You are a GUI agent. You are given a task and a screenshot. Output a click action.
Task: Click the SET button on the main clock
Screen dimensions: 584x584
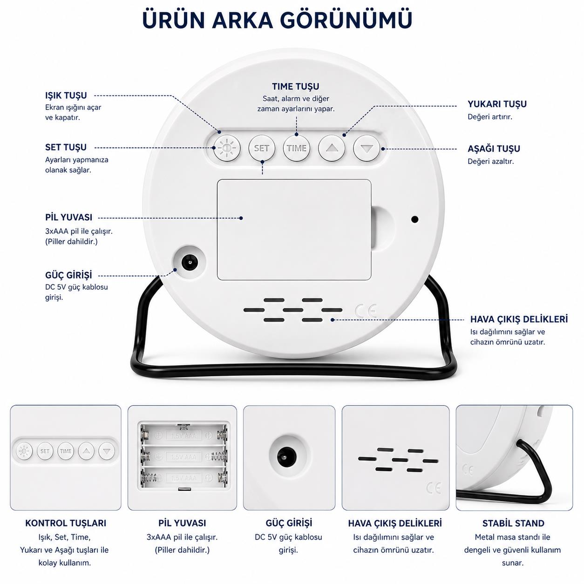pyautogui.click(x=262, y=148)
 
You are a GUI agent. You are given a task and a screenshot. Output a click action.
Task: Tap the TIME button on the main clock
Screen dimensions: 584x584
pyautogui.click(x=296, y=148)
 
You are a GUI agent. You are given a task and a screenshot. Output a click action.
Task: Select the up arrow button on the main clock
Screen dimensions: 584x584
pyautogui.click(x=332, y=148)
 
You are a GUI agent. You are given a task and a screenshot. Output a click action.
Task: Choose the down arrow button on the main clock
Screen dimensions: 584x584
pyautogui.click(x=367, y=148)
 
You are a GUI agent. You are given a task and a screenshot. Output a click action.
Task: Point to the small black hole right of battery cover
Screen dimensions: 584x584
pyautogui.click(x=415, y=219)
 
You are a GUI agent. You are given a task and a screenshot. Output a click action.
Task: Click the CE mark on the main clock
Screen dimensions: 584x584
pyautogui.click(x=366, y=311)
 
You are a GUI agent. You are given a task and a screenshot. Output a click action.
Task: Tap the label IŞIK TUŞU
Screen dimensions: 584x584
pyautogui.click(x=66, y=95)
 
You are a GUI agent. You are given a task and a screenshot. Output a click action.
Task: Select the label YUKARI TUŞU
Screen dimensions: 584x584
pyautogui.click(x=497, y=104)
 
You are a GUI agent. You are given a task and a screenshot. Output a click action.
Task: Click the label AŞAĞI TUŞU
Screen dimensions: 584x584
pyautogui.click(x=494, y=149)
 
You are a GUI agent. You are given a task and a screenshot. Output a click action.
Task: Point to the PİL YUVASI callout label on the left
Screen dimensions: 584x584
pyautogui.click(x=69, y=217)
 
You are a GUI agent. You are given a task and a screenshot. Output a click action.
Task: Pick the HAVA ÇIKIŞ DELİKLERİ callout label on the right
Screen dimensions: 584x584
pyautogui.click(x=519, y=319)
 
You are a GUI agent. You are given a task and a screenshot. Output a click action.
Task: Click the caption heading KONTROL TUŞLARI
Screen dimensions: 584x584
pyautogui.click(x=66, y=523)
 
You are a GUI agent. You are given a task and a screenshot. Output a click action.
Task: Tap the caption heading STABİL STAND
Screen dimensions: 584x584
pyautogui.click(x=513, y=523)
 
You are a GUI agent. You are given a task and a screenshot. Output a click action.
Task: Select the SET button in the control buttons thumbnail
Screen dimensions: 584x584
pyautogui.click(x=45, y=451)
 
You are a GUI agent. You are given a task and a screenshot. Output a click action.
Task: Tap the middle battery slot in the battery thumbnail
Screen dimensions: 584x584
pyautogui.click(x=183, y=456)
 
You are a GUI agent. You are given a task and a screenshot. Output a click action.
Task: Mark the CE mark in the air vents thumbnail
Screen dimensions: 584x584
pyautogui.click(x=434, y=488)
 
